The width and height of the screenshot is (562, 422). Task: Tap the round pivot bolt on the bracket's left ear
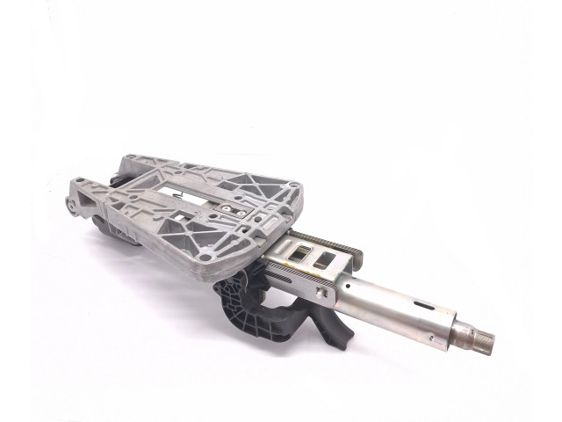(x=68, y=207)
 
